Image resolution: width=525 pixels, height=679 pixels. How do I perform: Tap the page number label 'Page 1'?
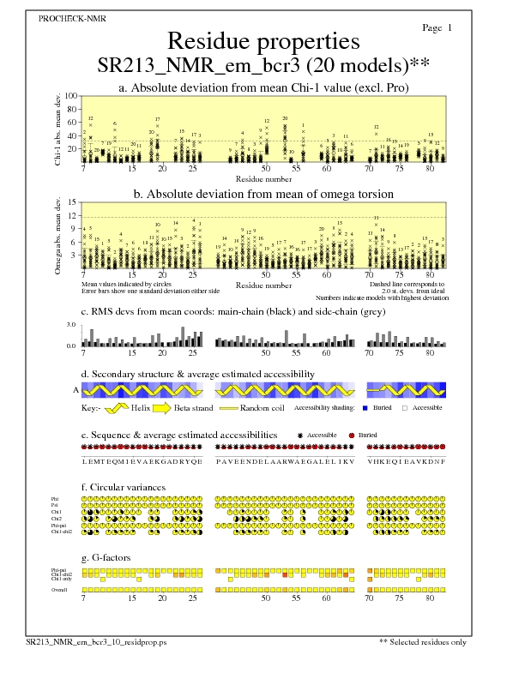point(437,28)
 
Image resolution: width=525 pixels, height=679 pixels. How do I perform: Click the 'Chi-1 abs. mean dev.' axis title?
point(57,129)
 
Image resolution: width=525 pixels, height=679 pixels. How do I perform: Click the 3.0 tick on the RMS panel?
point(72,326)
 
